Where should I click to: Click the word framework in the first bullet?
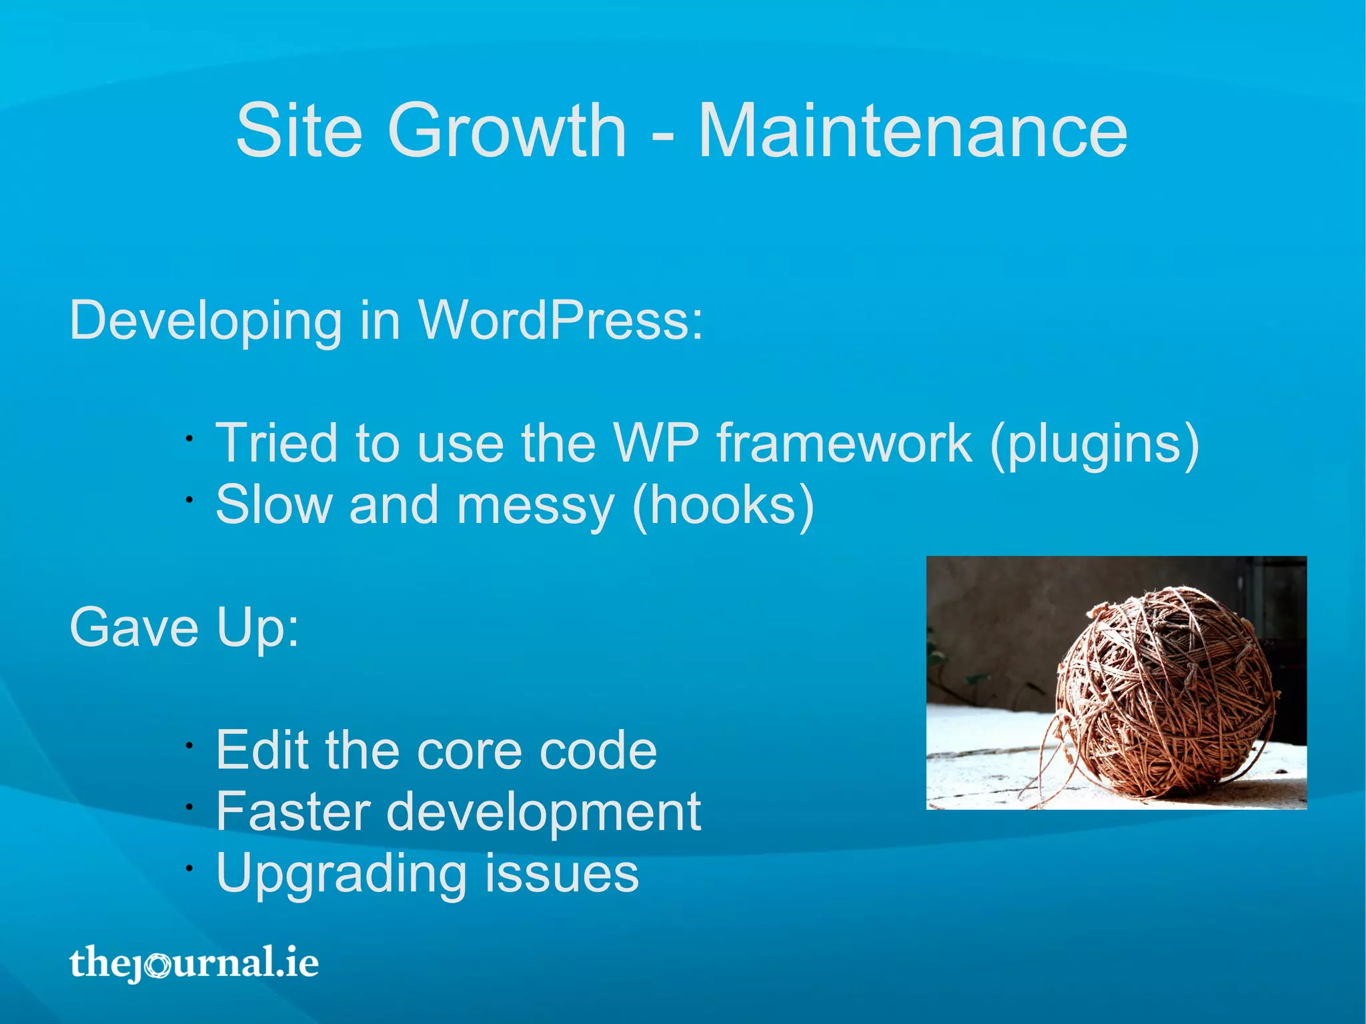[x=844, y=443]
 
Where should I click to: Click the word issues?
[x=562, y=873]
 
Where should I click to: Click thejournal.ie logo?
[x=194, y=963]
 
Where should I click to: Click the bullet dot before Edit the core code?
[x=189, y=746]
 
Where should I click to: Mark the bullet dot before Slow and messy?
[x=189, y=500]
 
